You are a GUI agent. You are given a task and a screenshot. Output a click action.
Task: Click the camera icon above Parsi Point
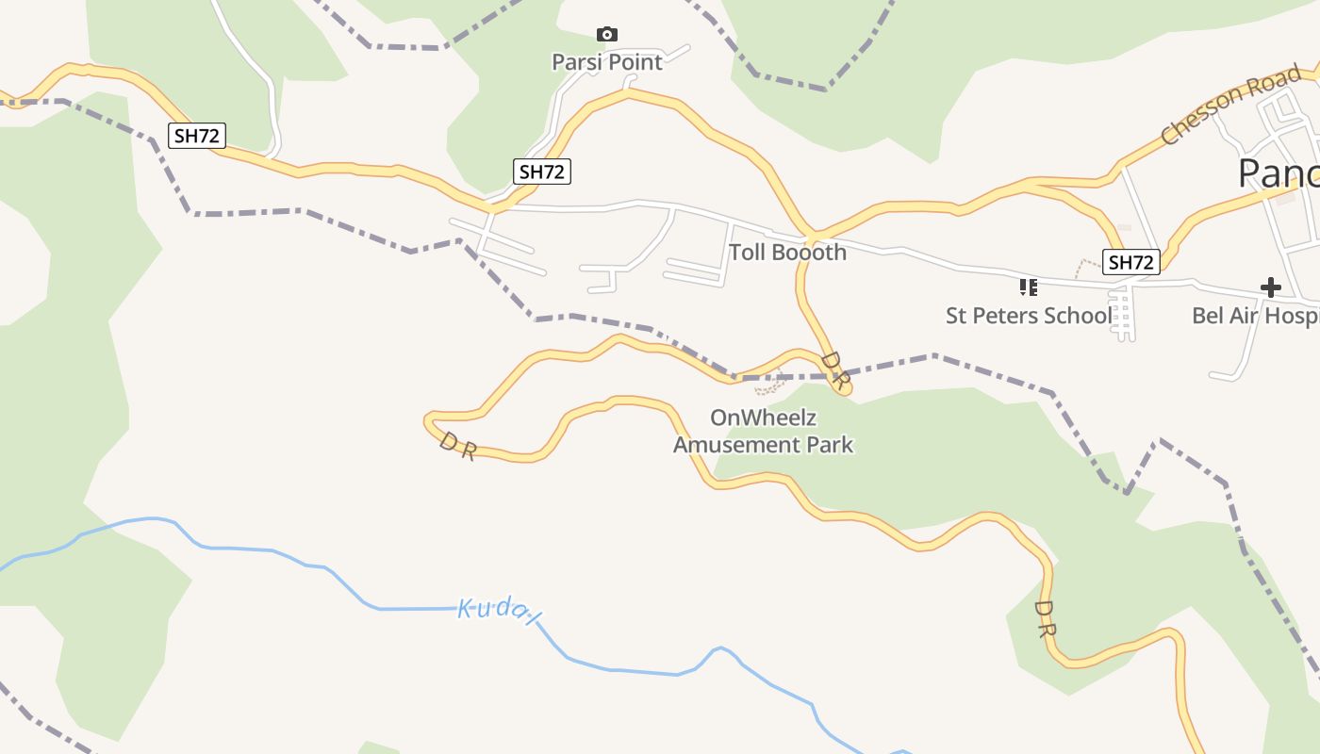607,35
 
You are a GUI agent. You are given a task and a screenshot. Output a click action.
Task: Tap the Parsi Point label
607,62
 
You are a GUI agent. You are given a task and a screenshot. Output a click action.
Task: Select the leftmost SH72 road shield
197,136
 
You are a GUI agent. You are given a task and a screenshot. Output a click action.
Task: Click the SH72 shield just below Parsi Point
542,172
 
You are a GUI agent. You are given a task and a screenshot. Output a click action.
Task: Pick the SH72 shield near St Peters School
1130,262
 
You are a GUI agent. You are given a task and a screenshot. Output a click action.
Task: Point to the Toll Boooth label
787,253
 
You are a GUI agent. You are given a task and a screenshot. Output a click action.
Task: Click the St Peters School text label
1028,316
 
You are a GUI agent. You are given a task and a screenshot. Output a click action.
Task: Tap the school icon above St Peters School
1028,287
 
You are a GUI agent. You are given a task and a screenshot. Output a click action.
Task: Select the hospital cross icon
1271,287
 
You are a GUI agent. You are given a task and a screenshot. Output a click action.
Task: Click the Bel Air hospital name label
1255,316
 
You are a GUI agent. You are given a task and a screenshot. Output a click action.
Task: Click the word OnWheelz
763,418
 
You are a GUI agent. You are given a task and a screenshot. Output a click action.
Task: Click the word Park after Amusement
832,444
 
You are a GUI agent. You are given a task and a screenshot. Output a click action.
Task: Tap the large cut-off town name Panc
1278,174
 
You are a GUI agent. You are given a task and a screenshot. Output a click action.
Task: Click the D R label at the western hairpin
457,446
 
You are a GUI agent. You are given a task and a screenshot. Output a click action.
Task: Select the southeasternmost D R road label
1044,618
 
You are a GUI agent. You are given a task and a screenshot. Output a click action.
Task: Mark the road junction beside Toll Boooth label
812,233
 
